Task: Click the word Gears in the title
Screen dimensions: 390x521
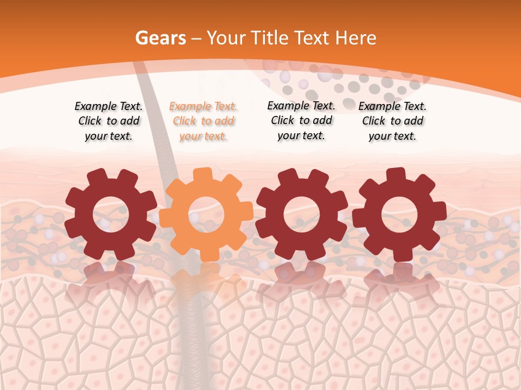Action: pyautogui.click(x=160, y=38)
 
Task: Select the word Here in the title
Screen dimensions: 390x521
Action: pyautogui.click(x=356, y=38)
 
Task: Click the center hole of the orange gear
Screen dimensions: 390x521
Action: pyautogui.click(x=206, y=215)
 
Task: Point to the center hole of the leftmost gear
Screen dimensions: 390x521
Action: pyautogui.click(x=111, y=215)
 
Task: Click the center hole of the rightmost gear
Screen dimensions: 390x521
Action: pyautogui.click(x=399, y=215)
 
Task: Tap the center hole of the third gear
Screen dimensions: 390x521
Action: pyautogui.click(x=302, y=215)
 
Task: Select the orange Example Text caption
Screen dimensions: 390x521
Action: pyautogui.click(x=203, y=121)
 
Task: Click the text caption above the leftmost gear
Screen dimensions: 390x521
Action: pyautogui.click(x=109, y=121)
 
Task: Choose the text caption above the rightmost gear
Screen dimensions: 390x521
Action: pyautogui.click(x=392, y=121)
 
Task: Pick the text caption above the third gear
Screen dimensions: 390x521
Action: pyautogui.click(x=301, y=120)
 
